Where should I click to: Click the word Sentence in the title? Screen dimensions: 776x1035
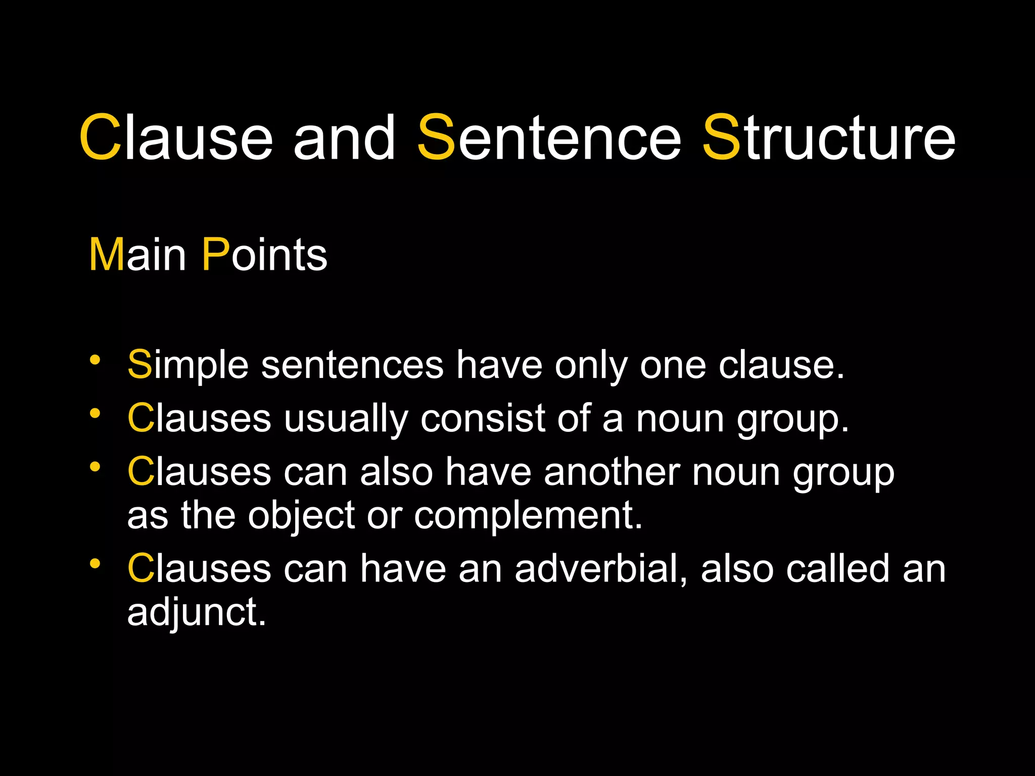[549, 137]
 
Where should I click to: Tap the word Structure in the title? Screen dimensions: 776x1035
[829, 137]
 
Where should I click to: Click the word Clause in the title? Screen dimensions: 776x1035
[176, 137]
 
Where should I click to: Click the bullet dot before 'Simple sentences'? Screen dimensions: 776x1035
[95, 360]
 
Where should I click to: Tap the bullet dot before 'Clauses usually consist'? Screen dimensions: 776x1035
[95, 413]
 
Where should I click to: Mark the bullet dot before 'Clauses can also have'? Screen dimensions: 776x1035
[95, 467]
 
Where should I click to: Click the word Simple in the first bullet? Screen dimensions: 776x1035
[188, 365]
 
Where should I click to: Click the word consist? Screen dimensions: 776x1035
[483, 418]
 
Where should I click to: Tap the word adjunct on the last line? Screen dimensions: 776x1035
[196, 613]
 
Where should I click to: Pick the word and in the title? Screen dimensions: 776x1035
[344, 137]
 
